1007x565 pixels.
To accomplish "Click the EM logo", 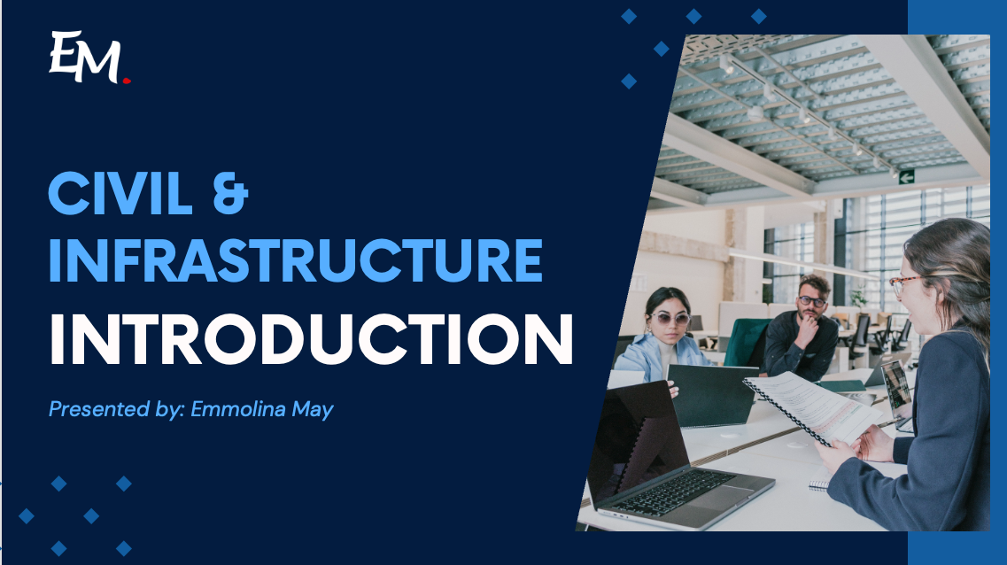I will point(87,58).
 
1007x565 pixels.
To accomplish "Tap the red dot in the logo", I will point(127,81).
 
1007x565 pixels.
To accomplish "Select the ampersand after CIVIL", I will point(231,194).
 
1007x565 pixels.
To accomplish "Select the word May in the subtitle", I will point(316,411).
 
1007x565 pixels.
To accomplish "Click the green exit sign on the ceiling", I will point(906,177).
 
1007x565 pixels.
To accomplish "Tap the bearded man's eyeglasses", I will point(811,301).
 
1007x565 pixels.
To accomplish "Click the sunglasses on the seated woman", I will point(670,318).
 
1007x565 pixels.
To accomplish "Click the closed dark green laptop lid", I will point(714,395).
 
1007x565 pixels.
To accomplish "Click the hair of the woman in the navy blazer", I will point(961,266).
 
